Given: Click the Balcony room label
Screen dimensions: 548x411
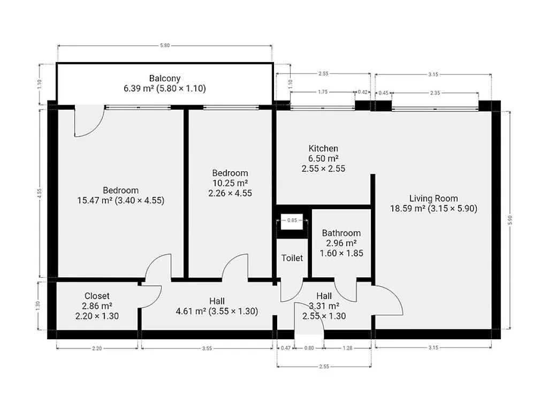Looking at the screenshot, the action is pyautogui.click(x=165, y=78).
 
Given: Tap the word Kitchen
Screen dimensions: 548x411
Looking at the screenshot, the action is pyautogui.click(x=323, y=149).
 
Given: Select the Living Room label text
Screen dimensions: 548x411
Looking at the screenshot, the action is pyautogui.click(x=433, y=199).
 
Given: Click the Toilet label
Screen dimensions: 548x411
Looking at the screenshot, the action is pyautogui.click(x=292, y=258).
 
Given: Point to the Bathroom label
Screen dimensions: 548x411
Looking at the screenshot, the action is pyautogui.click(x=341, y=233).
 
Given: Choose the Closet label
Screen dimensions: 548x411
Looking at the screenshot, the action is pyautogui.click(x=97, y=296).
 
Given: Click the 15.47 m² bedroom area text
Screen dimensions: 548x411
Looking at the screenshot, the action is pyautogui.click(x=95, y=201).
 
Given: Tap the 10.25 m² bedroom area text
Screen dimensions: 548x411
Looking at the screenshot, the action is pyautogui.click(x=230, y=183).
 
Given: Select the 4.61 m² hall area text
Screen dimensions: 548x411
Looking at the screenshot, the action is pyautogui.click(x=191, y=311).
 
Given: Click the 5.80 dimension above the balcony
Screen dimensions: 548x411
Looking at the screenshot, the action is pyautogui.click(x=165, y=45).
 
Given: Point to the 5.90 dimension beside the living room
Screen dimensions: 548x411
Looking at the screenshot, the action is pyautogui.click(x=509, y=220).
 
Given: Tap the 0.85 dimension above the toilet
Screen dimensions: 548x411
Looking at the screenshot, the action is pyautogui.click(x=292, y=220).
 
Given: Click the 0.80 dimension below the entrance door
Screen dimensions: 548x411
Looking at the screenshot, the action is pyautogui.click(x=309, y=348).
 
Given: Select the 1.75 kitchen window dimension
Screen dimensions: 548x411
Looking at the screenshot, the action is pyautogui.click(x=323, y=92).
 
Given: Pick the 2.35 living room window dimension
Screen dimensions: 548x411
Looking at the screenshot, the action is pyautogui.click(x=435, y=93).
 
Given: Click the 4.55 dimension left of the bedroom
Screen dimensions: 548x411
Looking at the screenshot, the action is pyautogui.click(x=39, y=194).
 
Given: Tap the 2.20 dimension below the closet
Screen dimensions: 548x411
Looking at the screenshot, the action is pyautogui.click(x=97, y=348).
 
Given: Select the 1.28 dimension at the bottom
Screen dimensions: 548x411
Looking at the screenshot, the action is pyautogui.click(x=347, y=348).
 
